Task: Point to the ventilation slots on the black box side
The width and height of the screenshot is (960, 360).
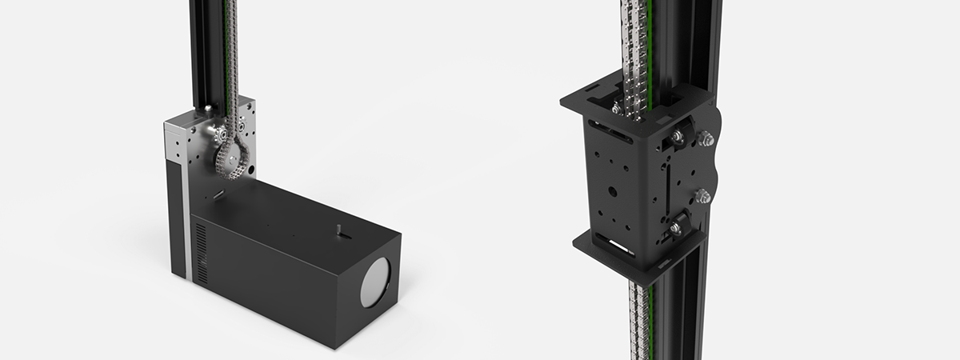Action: [200, 252]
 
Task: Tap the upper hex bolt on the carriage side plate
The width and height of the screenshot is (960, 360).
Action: [705, 140]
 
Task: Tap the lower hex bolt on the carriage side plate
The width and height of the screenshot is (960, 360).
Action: [704, 195]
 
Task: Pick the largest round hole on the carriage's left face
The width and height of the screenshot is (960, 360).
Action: [611, 192]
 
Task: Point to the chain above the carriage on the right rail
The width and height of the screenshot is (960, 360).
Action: [637, 40]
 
